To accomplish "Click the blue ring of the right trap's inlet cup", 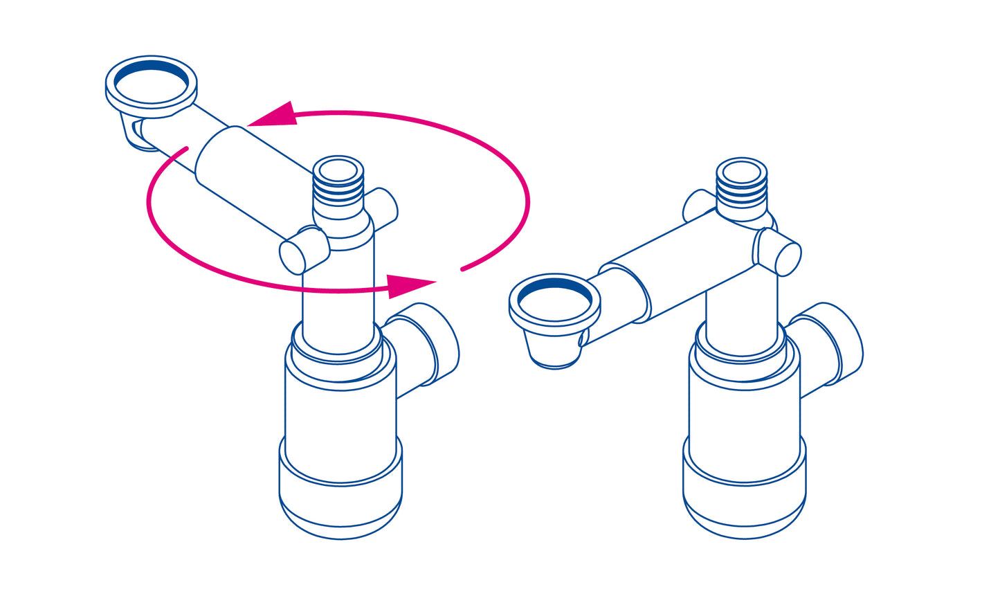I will click(555, 285).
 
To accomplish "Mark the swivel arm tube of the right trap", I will click(685, 270).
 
